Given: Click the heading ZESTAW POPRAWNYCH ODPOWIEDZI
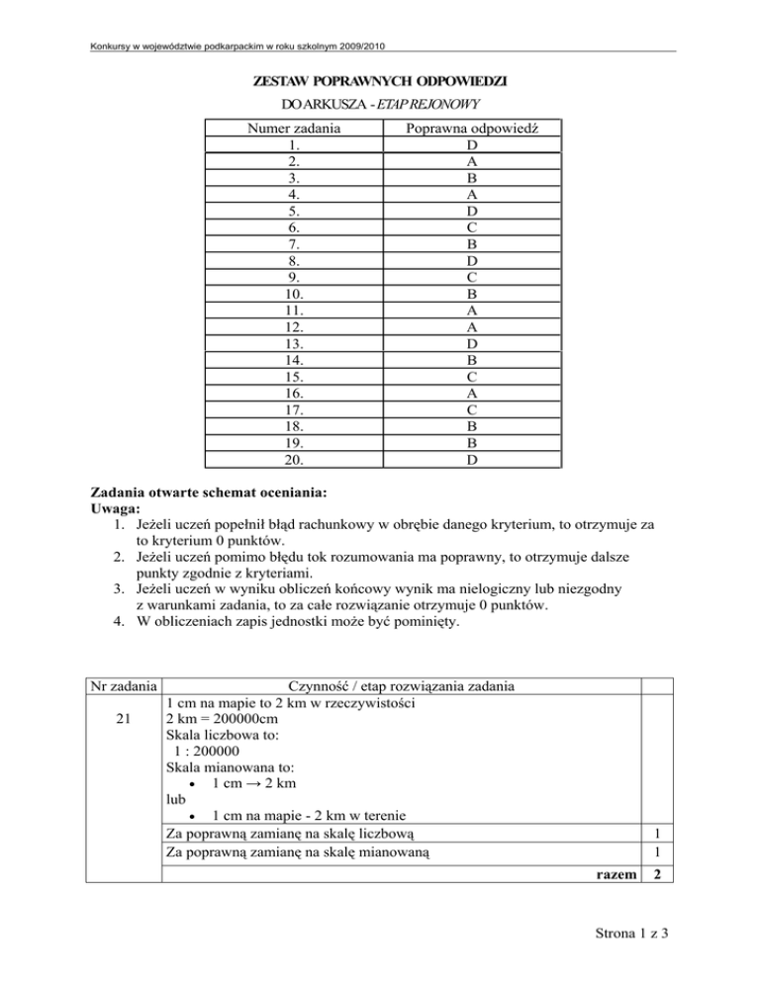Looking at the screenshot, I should click(x=381, y=79).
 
